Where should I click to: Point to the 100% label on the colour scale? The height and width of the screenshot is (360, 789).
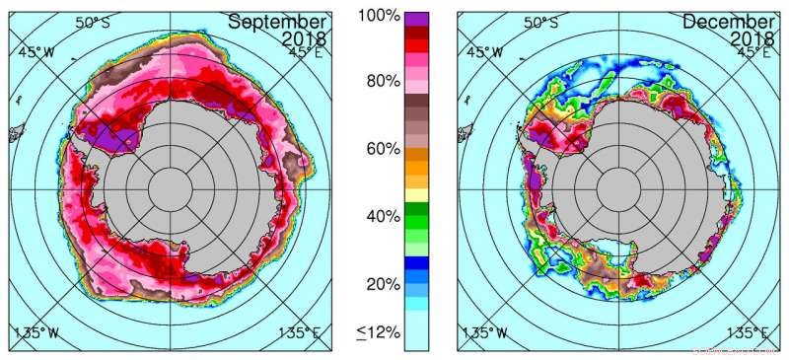pos(380,17)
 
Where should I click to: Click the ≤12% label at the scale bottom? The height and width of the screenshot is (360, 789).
pos(379,332)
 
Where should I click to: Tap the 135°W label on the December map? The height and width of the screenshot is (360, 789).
pos(485,331)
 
